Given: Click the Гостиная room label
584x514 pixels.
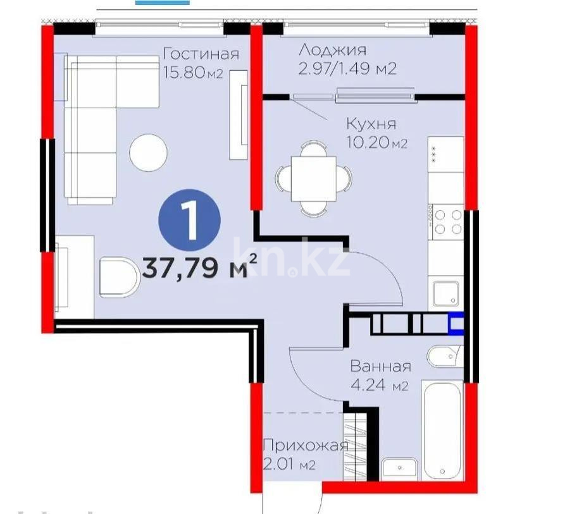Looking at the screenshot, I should pos(201,53).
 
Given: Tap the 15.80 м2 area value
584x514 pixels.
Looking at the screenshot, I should pos(193,72).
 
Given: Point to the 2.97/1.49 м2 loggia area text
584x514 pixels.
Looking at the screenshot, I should pos(347,68).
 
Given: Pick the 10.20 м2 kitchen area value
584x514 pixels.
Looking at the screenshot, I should pos(376,144).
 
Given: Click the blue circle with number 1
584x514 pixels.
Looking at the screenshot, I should pos(189,218).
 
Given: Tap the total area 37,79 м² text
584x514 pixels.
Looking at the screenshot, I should pos(199,268).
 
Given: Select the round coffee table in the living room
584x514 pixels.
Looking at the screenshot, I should pos(148,152).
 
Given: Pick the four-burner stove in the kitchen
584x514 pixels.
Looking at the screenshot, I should pos(448,222).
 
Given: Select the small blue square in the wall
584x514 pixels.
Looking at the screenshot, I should pos(456,324).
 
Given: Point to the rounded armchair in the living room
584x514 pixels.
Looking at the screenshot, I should pos(119,276).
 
